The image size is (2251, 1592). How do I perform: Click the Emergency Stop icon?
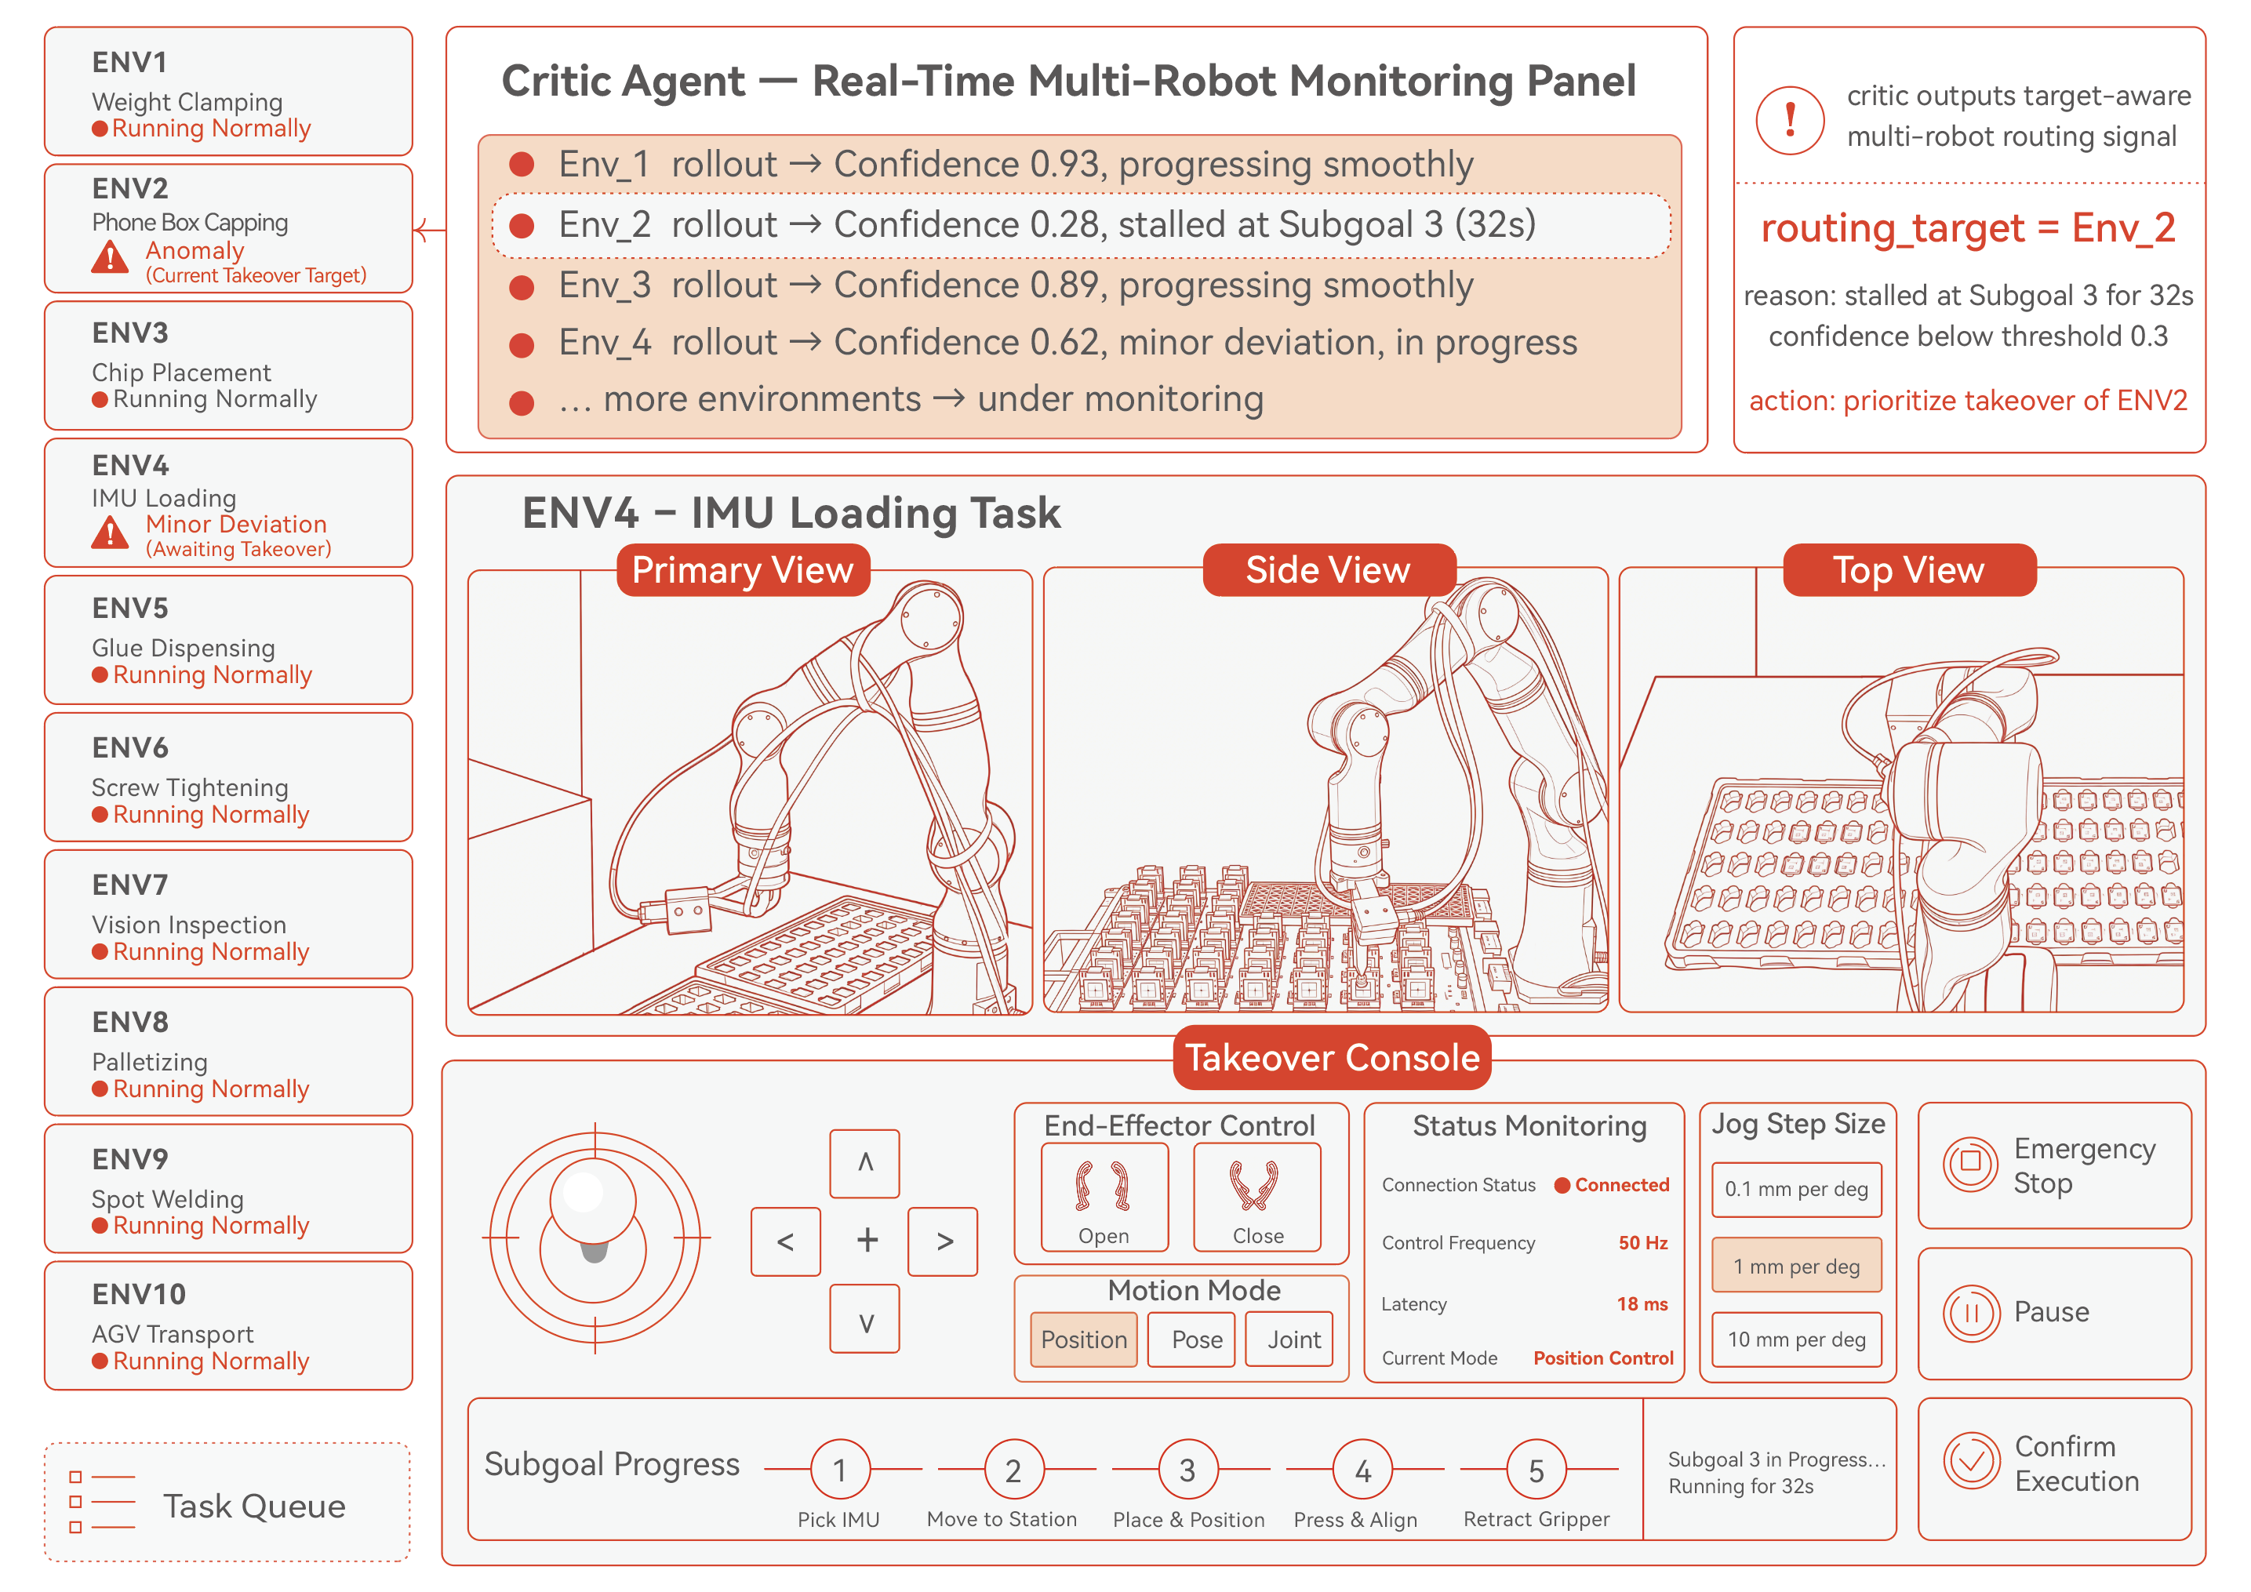[x=1969, y=1165]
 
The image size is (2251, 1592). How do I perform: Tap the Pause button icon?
[x=1970, y=1313]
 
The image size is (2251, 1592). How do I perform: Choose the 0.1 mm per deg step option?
[x=1796, y=1189]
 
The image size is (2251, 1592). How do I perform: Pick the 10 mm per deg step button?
[x=1796, y=1339]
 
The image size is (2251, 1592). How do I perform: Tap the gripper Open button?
[x=1104, y=1197]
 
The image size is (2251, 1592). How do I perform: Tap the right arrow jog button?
[x=943, y=1241]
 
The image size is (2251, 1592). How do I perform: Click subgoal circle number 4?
[x=1362, y=1470]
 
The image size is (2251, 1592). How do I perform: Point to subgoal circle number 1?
[x=840, y=1470]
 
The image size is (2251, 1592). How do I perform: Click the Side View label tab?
[x=1329, y=569]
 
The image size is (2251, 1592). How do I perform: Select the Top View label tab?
[x=1909, y=569]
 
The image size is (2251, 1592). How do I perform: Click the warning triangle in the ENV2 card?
[x=110, y=257]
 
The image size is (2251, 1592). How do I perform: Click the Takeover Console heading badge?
[x=1332, y=1058]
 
